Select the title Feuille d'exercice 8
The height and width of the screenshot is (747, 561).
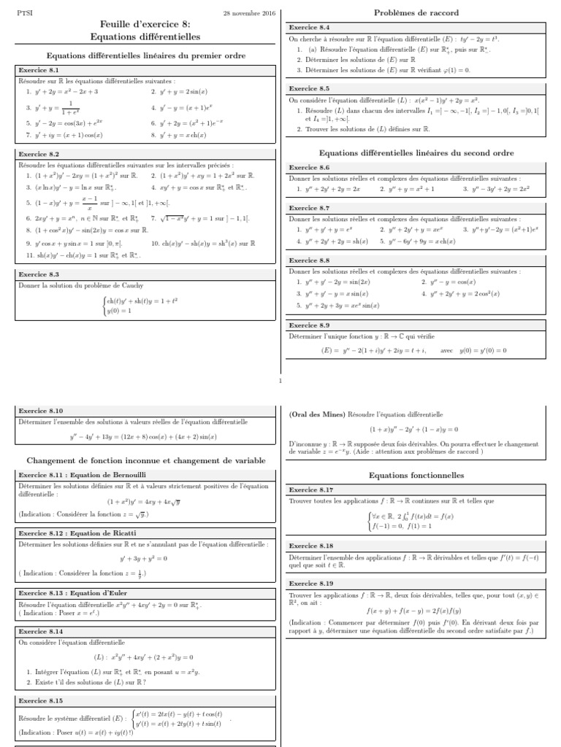click(145, 24)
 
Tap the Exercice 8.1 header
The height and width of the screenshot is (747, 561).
click(38, 71)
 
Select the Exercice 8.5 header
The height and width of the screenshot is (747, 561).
click(309, 88)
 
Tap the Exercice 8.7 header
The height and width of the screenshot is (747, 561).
click(309, 208)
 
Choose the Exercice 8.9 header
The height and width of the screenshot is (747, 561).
click(309, 325)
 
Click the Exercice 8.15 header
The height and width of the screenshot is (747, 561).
click(40, 700)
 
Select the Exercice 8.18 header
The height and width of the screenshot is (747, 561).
click(311, 546)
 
